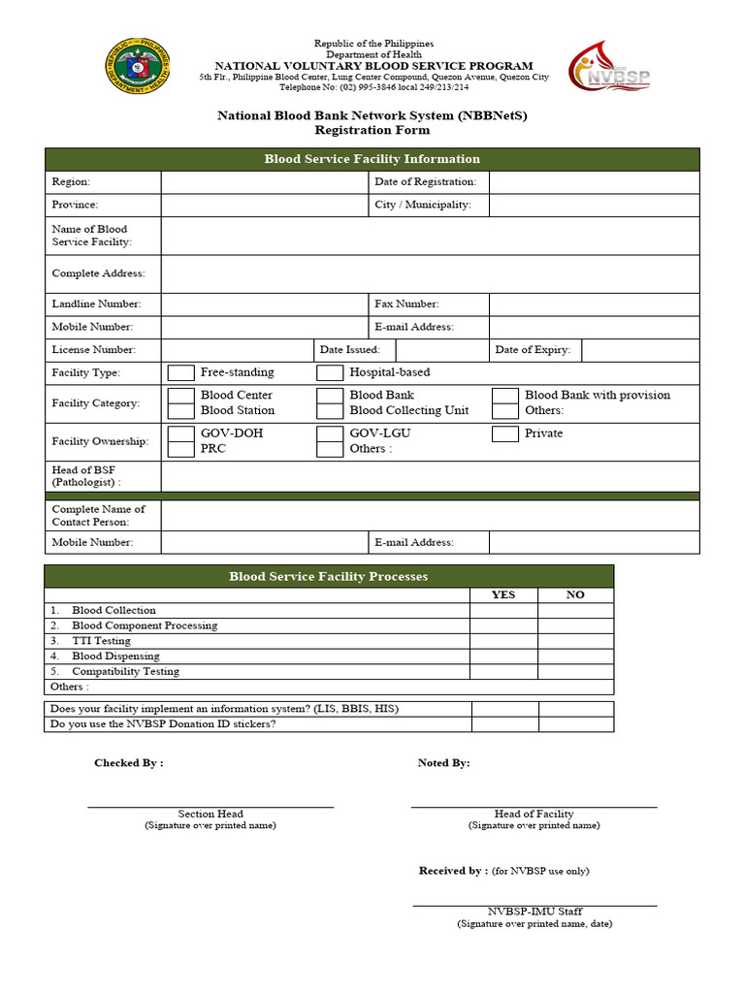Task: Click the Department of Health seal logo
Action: coord(139,66)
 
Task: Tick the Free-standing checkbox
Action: coord(180,373)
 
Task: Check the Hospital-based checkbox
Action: coord(330,373)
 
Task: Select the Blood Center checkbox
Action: coord(180,396)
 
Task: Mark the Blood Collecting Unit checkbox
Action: coord(330,411)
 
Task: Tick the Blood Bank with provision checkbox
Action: coord(504,396)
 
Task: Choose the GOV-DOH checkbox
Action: coord(180,433)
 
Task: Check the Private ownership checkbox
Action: coord(504,433)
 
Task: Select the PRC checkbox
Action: coord(180,449)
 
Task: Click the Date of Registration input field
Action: coord(594,182)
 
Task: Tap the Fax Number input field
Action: coord(594,304)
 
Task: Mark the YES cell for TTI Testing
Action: coord(503,641)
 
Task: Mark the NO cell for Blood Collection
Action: coord(575,610)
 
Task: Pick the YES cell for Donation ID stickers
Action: coord(504,724)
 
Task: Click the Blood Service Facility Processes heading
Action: coord(328,576)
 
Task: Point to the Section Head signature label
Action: coord(211,815)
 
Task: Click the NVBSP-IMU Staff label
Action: coord(534,912)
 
